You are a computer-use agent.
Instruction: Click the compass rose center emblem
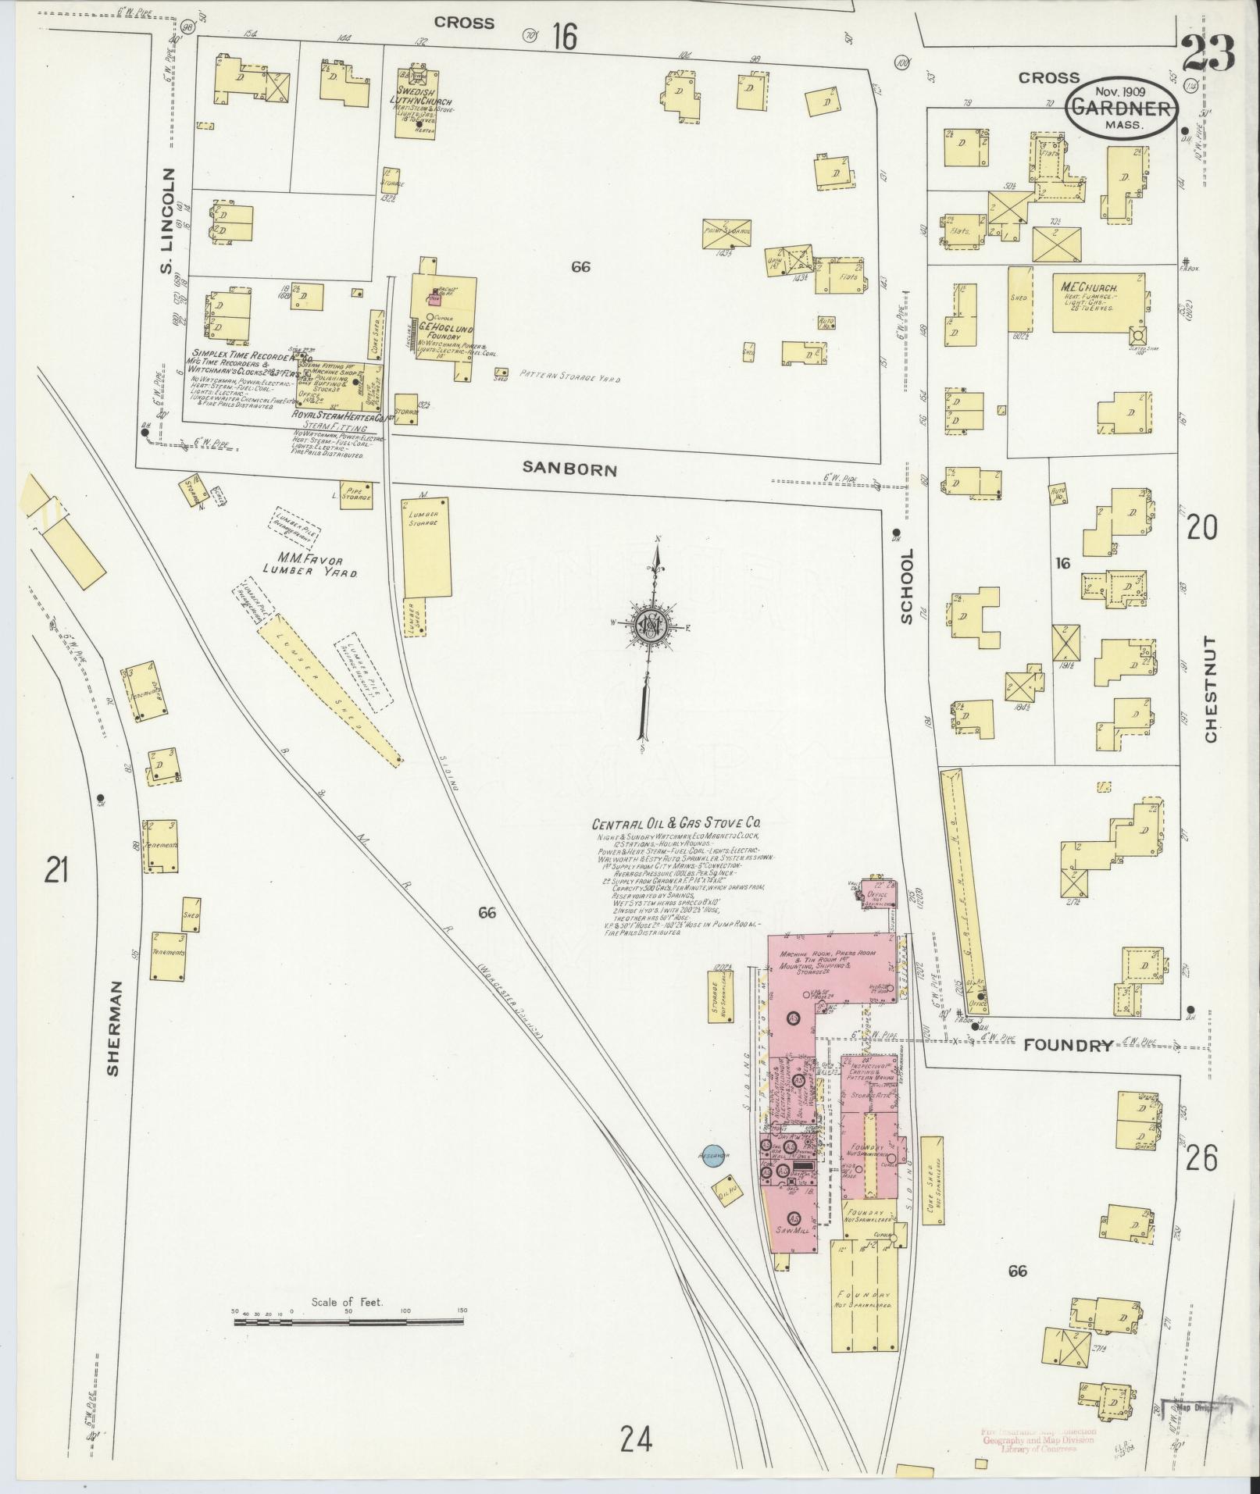click(x=648, y=625)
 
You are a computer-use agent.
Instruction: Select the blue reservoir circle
click(x=712, y=1155)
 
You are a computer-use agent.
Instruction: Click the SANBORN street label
click(x=569, y=469)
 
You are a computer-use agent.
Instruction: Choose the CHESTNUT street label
click(x=1210, y=689)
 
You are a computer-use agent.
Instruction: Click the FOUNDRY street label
click(x=1068, y=1046)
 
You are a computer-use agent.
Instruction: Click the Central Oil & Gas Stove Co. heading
click(x=676, y=823)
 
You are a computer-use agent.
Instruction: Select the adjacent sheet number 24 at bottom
click(x=636, y=1438)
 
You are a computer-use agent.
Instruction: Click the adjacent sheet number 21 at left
click(x=56, y=869)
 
